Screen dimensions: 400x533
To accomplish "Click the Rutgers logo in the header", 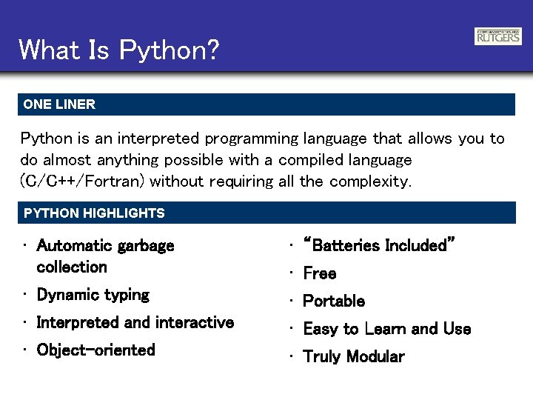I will click(497, 36).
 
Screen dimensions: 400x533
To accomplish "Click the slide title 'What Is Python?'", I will click(119, 50).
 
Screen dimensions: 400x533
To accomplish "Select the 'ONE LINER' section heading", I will click(59, 104).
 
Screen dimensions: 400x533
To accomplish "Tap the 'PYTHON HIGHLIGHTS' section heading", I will click(94, 213).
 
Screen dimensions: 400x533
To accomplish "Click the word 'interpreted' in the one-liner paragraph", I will click(161, 139).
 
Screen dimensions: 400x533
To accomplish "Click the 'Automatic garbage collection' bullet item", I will click(104, 256).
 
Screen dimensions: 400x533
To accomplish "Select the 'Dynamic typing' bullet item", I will click(93, 295).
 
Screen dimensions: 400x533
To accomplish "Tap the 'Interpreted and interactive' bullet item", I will click(135, 322).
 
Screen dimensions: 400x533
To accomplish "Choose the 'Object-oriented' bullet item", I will click(95, 350).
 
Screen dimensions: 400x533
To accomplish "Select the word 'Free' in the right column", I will click(320, 273).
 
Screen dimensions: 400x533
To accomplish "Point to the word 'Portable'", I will click(334, 301).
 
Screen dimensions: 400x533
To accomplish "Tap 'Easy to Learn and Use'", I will click(386, 329).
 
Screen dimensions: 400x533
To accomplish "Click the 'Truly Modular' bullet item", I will click(354, 356).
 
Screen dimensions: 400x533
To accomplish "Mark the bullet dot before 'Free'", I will click(292, 273).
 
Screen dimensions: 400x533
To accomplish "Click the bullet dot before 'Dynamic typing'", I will click(25, 295).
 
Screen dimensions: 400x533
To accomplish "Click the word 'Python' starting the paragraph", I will click(47, 139).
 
